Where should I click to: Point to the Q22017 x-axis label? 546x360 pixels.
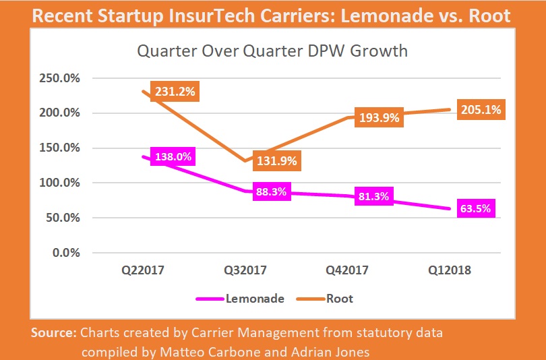point(143,270)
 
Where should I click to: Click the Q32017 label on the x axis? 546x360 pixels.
point(245,270)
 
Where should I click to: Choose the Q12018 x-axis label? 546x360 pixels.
point(450,270)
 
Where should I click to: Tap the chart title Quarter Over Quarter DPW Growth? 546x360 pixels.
point(272,51)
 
